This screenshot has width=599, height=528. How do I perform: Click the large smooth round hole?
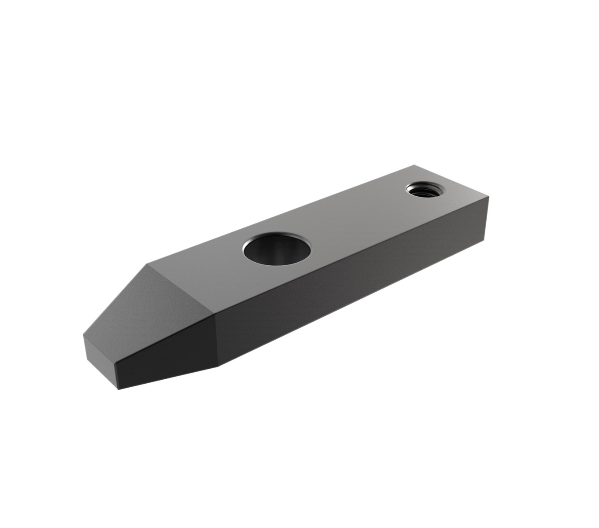pyautogui.click(x=277, y=249)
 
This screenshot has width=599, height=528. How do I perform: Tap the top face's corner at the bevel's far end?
pyautogui.click(x=147, y=265)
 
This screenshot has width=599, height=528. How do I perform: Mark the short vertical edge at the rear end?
pyautogui.click(x=487, y=216)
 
